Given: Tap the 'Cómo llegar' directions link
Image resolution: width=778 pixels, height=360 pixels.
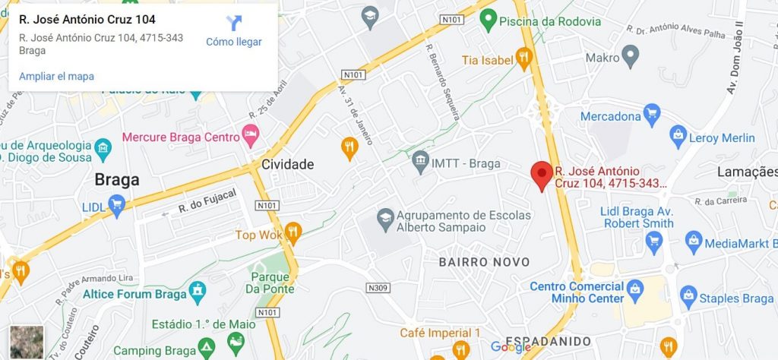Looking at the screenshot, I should (x=234, y=41).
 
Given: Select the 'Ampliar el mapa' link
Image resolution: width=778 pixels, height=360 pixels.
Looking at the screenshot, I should (x=56, y=76).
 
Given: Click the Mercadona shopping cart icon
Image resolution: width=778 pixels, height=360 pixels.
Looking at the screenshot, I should (x=651, y=116).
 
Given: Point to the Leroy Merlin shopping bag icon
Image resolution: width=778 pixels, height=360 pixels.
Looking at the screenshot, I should (x=678, y=137).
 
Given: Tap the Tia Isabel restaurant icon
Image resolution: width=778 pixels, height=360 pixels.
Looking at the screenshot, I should (x=523, y=58).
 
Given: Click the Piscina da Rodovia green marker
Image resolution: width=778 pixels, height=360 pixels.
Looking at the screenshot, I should (x=489, y=21).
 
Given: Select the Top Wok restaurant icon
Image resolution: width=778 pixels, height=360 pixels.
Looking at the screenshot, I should (x=293, y=234).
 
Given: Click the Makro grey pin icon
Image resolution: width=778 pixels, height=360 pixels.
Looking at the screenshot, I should (x=630, y=55).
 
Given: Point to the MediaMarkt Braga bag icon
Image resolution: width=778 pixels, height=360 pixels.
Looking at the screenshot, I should (x=693, y=243).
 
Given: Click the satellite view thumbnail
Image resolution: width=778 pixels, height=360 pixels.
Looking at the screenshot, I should (x=27, y=342).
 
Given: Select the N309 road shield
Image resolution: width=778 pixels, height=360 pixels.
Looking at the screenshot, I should (x=377, y=288).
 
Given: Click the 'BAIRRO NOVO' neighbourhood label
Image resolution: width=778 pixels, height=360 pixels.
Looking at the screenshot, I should (x=484, y=262).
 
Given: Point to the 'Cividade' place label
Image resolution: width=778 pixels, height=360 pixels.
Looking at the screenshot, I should (x=288, y=164).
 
